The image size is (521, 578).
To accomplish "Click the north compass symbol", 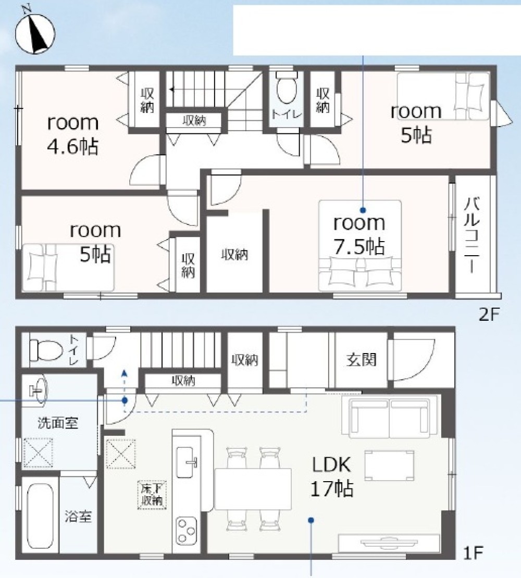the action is click(35, 34).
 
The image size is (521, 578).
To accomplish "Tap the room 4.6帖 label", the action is click(73, 134).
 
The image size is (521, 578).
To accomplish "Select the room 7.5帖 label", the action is click(359, 235).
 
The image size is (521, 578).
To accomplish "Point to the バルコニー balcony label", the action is click(472, 235).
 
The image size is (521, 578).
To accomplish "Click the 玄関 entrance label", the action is click(362, 359).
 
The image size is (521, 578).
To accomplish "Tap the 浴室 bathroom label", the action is click(78, 516).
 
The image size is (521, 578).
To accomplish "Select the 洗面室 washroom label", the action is click(58, 423).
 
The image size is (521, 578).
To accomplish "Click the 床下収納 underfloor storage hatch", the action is click(152, 495).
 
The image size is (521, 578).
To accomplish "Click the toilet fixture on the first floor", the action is click(46, 349).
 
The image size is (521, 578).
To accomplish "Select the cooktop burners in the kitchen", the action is click(186, 531).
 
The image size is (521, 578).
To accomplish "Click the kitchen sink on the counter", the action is click(186, 462).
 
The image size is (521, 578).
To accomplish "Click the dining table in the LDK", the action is click(253, 489).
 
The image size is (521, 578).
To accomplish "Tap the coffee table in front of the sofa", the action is click(389, 465).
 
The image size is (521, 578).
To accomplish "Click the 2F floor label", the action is click(489, 315).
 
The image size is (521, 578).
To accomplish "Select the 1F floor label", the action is click(473, 553).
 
